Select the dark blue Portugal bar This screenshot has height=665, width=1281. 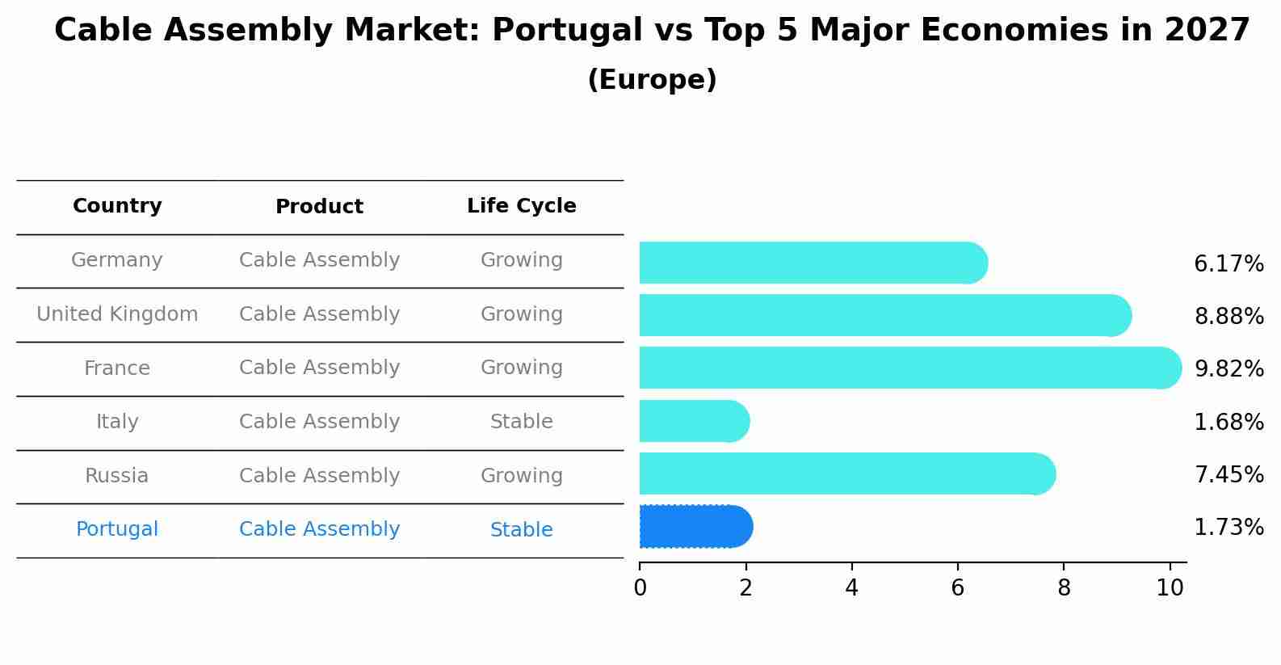pyautogui.click(x=695, y=527)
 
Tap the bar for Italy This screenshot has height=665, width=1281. pyautogui.click(x=693, y=421)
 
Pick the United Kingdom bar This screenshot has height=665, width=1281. pyautogui.click(x=884, y=315)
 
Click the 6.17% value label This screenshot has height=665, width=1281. pyautogui.click(x=1228, y=264)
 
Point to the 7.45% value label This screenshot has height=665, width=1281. pyautogui.click(x=1228, y=475)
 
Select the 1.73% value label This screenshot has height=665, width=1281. pyautogui.click(x=1228, y=528)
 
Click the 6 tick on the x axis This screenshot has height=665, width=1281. pyautogui.click(x=957, y=588)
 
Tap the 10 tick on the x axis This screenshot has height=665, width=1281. pyautogui.click(x=1170, y=588)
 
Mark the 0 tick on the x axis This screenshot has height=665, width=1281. pyautogui.click(x=640, y=588)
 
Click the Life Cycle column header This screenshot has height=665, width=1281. pyautogui.click(x=521, y=206)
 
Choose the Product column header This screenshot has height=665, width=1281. pyautogui.click(x=319, y=207)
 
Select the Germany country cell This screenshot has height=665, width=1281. pyautogui.click(x=117, y=260)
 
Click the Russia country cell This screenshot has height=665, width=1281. pyautogui.click(x=117, y=476)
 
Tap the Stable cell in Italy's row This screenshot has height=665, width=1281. pyautogui.click(x=521, y=422)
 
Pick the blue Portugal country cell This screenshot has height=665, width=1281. pyautogui.click(x=117, y=529)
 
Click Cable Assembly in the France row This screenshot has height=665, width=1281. pyautogui.click(x=319, y=368)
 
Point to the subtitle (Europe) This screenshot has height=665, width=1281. pyautogui.click(x=652, y=80)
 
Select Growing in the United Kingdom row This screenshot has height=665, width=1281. pyautogui.click(x=521, y=314)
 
